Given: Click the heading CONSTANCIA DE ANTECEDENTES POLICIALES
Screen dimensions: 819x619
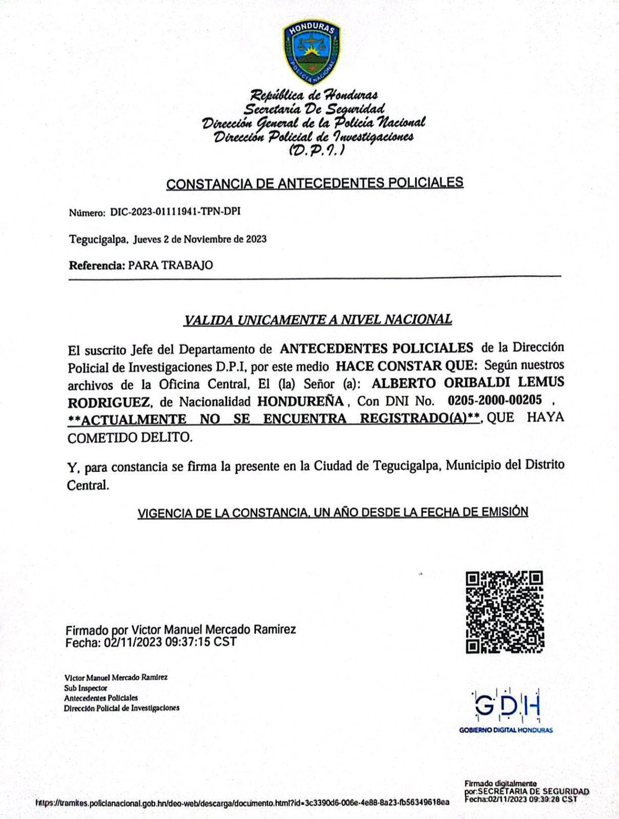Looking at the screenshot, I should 315,183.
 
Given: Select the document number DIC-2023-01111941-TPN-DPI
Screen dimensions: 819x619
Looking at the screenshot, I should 175,211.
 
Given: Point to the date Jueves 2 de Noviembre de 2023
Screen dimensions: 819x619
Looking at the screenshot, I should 200,239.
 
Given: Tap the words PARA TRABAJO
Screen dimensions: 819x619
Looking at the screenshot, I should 170,265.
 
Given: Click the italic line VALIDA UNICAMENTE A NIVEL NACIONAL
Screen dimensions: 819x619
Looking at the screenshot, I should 318,320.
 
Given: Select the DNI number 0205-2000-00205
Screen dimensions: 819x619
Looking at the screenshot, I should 494,400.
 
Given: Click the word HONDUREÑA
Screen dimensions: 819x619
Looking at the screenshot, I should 300,401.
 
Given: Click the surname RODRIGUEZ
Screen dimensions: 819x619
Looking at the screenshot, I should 109,402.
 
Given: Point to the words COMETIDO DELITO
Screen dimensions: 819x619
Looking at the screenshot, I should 130,438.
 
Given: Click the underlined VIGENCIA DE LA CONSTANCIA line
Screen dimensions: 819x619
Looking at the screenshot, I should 333,512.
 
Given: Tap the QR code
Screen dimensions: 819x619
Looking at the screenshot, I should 505,612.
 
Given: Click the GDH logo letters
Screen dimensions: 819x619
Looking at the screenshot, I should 506,705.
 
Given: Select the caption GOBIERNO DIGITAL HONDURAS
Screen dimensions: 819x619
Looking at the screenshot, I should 506,730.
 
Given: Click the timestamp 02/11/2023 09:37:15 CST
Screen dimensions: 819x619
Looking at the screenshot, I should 170,642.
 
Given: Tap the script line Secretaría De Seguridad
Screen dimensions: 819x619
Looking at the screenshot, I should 314,109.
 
